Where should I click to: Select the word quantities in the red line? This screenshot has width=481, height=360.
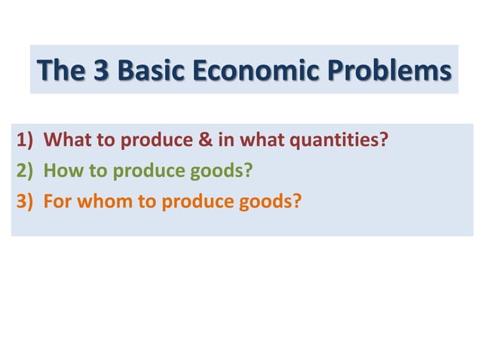(x=347, y=141)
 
